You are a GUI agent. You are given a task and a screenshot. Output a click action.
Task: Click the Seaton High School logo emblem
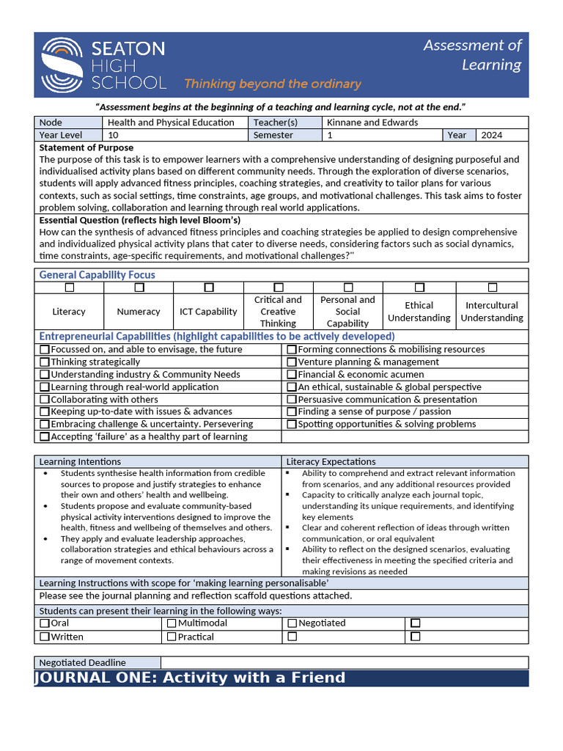[x=62, y=65]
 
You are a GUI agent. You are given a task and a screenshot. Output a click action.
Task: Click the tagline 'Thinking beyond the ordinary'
[x=272, y=84]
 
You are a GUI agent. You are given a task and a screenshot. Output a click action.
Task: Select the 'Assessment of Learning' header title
[x=472, y=55]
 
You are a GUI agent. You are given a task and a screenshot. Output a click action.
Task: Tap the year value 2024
[x=492, y=135]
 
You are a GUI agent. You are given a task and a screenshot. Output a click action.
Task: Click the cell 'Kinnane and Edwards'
[x=372, y=122]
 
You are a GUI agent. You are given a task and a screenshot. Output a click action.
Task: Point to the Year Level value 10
[x=113, y=135]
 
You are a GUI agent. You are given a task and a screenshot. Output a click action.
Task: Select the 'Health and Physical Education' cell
[x=171, y=122]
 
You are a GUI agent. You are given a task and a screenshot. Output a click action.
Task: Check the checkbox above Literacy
[x=69, y=287]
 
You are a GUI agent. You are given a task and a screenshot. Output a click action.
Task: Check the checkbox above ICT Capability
[x=209, y=287]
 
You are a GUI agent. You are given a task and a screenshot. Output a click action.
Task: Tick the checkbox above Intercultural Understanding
[x=492, y=287]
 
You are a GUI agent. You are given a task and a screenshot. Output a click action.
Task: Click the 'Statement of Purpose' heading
[x=86, y=147]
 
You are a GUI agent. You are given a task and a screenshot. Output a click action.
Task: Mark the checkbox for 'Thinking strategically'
[x=45, y=362]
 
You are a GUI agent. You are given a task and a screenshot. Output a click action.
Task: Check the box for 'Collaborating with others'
[x=45, y=400]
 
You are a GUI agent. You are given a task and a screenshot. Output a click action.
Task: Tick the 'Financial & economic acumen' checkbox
[x=292, y=375]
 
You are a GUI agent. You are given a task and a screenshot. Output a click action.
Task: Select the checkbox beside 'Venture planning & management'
[x=292, y=362]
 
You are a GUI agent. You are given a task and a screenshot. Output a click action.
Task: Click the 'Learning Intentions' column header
[x=80, y=461]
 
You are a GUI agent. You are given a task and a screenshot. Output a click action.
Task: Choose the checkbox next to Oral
[x=45, y=623]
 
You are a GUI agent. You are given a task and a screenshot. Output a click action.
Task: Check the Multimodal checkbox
[x=172, y=623]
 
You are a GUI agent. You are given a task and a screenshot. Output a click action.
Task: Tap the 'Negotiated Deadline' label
[x=82, y=662]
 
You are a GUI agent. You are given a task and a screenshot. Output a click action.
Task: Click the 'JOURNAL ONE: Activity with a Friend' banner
[x=190, y=678]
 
